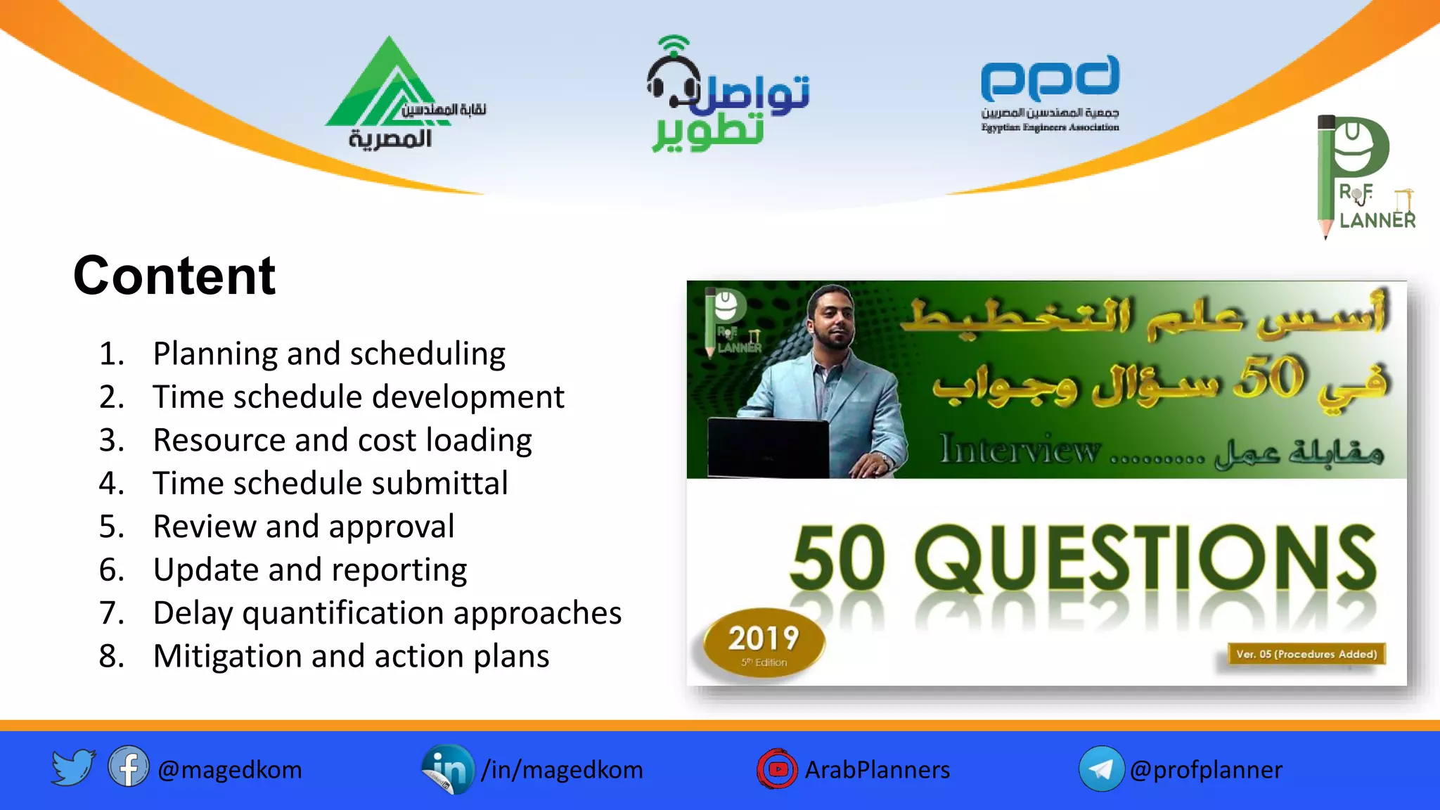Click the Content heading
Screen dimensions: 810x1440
(174, 276)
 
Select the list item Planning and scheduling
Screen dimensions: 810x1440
(328, 354)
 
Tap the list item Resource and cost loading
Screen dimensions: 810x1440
(342, 440)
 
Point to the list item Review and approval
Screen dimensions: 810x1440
(303, 527)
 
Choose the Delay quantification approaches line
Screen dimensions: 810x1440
(387, 613)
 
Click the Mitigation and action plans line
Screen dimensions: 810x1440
(350, 656)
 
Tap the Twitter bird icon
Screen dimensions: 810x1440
(72, 767)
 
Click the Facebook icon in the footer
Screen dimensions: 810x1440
(128, 767)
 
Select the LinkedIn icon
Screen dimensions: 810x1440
(447, 769)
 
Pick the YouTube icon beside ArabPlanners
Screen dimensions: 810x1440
(777, 769)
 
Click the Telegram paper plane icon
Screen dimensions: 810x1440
(1101, 769)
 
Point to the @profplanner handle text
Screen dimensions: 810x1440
(1205, 770)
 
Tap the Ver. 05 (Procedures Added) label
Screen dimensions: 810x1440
(1306, 654)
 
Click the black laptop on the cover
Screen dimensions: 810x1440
(768, 447)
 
